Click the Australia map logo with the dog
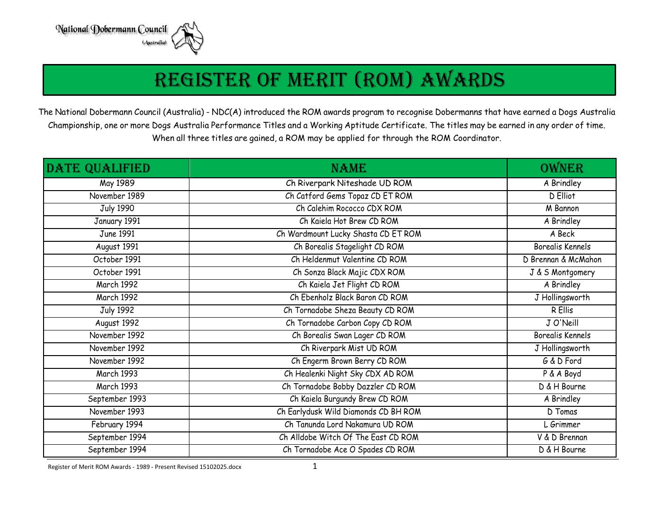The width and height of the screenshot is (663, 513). pyautogui.click(x=188, y=37)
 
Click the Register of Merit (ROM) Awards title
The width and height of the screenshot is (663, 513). pyautogui.click(x=330, y=80)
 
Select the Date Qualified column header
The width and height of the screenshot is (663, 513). pyautogui.click(x=99, y=168)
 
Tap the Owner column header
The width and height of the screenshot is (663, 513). pyautogui.click(x=562, y=168)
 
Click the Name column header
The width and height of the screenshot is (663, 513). pyautogui.click(x=348, y=168)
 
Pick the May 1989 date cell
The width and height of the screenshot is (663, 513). pyautogui.click(x=117, y=183)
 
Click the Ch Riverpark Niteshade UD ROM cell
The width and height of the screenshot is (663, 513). pyautogui.click(x=349, y=183)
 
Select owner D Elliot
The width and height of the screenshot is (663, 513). pyautogui.click(x=562, y=196)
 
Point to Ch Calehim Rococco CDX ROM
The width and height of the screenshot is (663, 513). pyautogui.click(x=349, y=209)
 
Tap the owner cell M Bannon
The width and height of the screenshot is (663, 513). pyautogui.click(x=562, y=209)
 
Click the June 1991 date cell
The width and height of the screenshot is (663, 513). pyautogui.click(x=117, y=234)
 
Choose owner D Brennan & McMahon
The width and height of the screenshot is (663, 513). pyautogui.click(x=562, y=260)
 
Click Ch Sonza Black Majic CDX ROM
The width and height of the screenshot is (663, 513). pyautogui.click(x=349, y=273)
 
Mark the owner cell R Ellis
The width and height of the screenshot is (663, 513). pyautogui.click(x=562, y=311)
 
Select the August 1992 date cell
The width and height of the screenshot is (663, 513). pyautogui.click(x=117, y=323)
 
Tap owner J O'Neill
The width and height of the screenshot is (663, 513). pyautogui.click(x=562, y=323)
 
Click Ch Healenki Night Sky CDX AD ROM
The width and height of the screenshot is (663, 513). pyautogui.click(x=349, y=374)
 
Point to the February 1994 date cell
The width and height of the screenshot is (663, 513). pyautogui.click(x=117, y=425)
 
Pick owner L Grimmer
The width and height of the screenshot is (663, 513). pyautogui.click(x=562, y=425)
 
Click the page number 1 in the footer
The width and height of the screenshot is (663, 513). pyautogui.click(x=315, y=467)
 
